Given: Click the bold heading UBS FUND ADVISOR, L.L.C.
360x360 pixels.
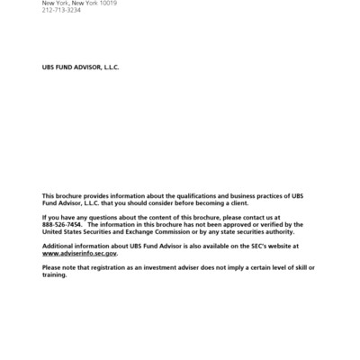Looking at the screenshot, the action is pyautogui.click(x=81, y=67).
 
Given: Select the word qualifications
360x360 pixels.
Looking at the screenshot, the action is pyautogui.click(x=204, y=195).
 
